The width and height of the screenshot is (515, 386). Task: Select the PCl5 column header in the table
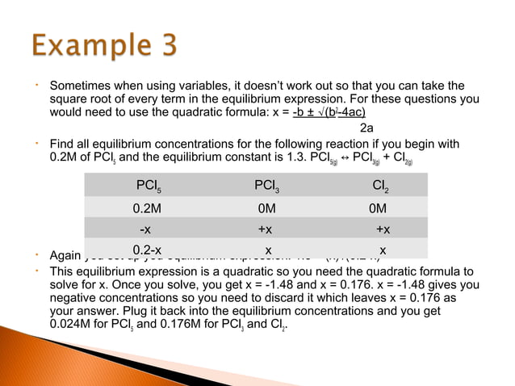(148, 187)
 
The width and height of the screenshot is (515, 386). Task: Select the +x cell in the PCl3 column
(265, 229)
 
